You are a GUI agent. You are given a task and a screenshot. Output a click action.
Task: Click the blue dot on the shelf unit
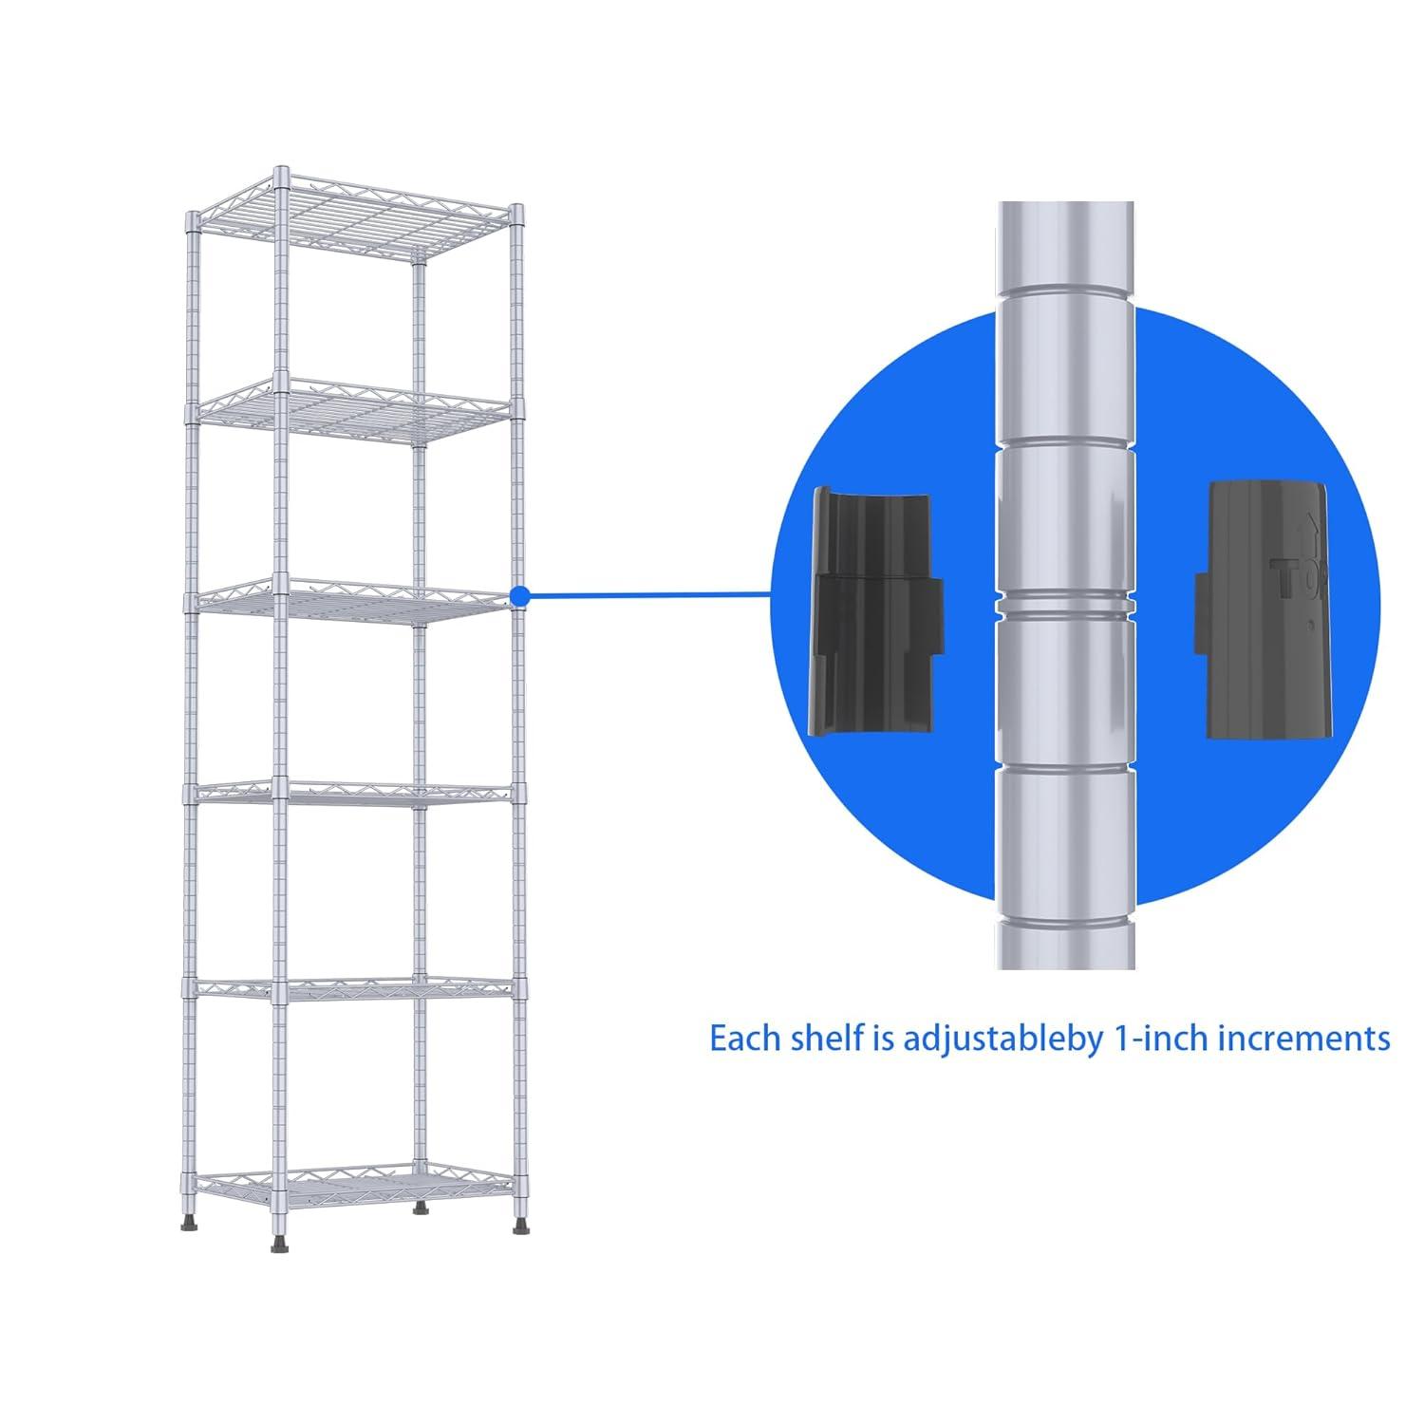tap(518, 596)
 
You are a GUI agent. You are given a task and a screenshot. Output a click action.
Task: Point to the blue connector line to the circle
tap(646, 596)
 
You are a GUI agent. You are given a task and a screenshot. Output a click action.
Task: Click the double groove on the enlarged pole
tap(1064, 606)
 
